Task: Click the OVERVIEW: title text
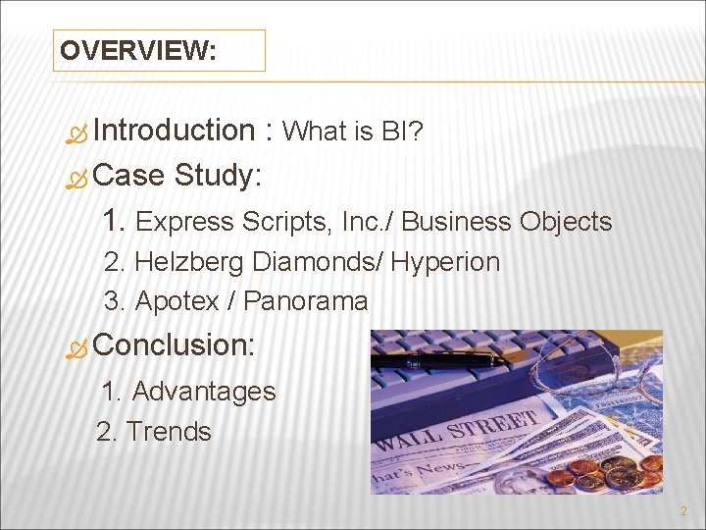click(137, 51)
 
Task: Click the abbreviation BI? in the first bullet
click(402, 132)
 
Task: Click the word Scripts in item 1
click(288, 223)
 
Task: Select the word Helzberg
click(190, 263)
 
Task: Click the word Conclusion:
click(175, 344)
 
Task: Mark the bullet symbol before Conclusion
click(80, 347)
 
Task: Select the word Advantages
click(204, 392)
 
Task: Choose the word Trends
click(169, 432)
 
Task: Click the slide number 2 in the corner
click(682, 511)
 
